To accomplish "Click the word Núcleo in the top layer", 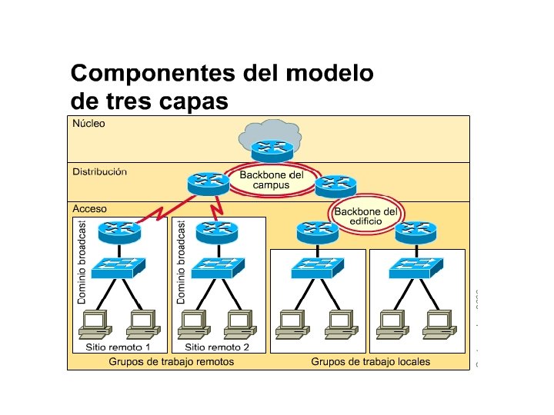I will pos(88,123).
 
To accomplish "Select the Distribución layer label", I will pos(99,171).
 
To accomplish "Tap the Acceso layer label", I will pos(89,208).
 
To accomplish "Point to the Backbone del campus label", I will pos(272,180).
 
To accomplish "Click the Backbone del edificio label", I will pos(366,216).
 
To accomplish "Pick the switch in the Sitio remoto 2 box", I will pos(216,267).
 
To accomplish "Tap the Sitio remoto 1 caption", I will pos(118,347).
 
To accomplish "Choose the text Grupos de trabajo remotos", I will pos(171,361).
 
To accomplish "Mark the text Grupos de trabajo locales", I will pos(370,361).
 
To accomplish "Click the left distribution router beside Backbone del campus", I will pos(207,183).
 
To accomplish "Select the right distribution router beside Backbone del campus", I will pos(335,184).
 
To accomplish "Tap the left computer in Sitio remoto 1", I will pos(96,323).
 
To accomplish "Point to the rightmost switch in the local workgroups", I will pos(415,267).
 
